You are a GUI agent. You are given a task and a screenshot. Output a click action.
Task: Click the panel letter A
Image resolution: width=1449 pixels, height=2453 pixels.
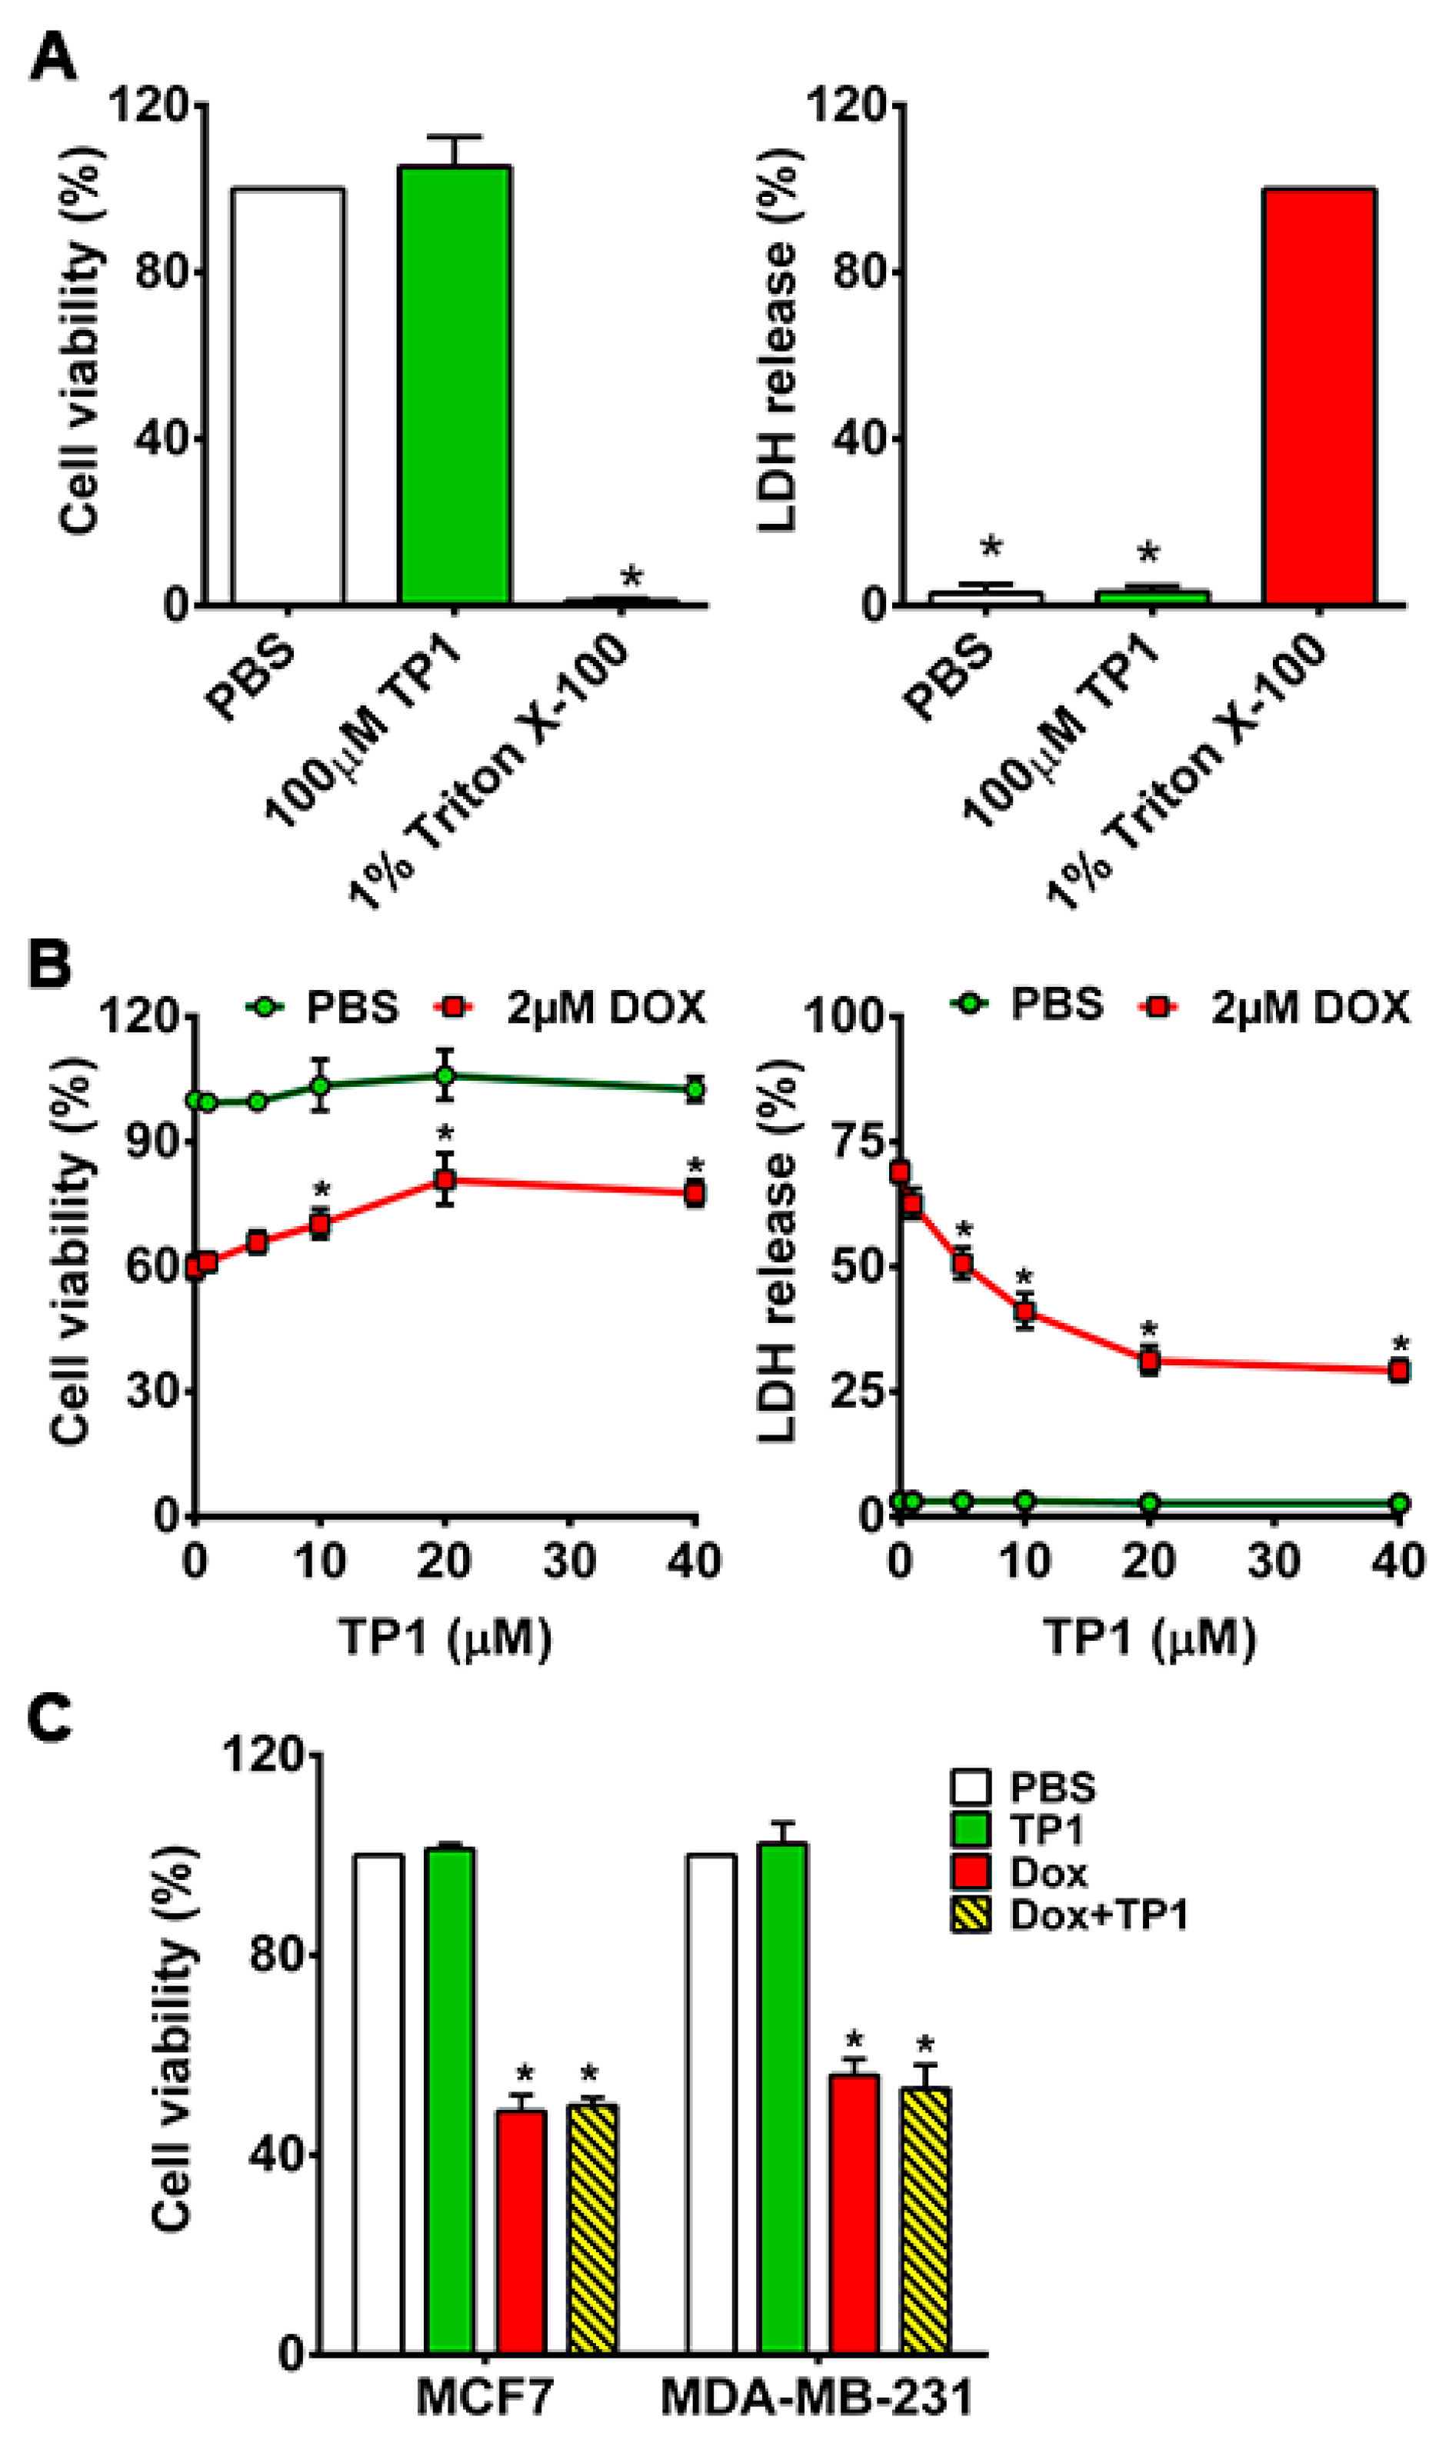click(53, 57)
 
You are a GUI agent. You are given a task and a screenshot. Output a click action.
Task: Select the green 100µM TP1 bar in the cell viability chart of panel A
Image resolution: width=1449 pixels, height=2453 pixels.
click(454, 385)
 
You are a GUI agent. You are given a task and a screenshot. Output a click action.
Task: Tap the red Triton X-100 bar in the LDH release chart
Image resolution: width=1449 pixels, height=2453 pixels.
click(1319, 395)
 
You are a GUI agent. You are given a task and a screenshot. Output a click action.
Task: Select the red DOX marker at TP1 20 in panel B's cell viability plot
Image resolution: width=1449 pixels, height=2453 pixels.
click(445, 1180)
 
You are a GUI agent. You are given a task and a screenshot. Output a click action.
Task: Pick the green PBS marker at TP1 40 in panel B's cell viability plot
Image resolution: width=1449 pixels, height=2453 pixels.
click(695, 1088)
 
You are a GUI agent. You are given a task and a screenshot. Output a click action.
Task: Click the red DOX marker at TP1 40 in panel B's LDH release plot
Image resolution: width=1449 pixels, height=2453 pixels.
click(1399, 1371)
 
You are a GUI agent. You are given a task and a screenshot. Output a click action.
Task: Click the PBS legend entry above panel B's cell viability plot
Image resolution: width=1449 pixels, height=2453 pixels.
click(322, 1006)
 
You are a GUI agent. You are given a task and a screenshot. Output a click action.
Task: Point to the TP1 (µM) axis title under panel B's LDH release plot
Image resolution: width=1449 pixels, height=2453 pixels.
click(1149, 1638)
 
